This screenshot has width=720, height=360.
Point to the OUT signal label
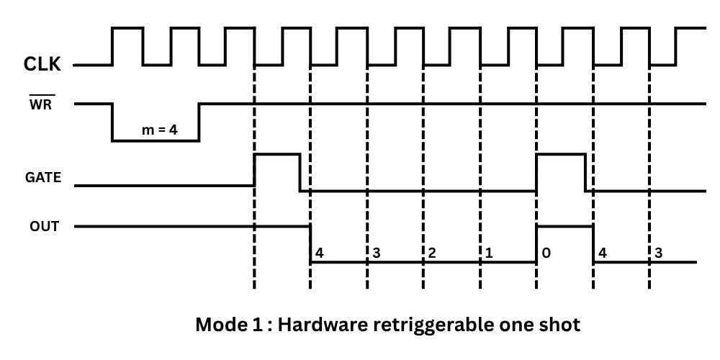click(43, 227)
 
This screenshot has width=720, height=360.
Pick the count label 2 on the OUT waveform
click(431, 253)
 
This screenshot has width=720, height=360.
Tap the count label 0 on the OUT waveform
click(546, 253)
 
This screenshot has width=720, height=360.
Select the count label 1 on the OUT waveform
click(489, 253)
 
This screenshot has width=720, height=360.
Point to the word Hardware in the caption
click(326, 325)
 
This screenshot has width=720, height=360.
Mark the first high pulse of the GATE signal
click(276, 155)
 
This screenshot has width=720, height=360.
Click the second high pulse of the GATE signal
click(560, 155)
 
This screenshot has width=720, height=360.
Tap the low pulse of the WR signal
click(156, 140)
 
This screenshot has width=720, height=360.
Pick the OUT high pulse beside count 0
click(564, 227)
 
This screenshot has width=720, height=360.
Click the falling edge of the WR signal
click(112, 122)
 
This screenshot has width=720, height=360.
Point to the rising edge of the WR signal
click(199, 122)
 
